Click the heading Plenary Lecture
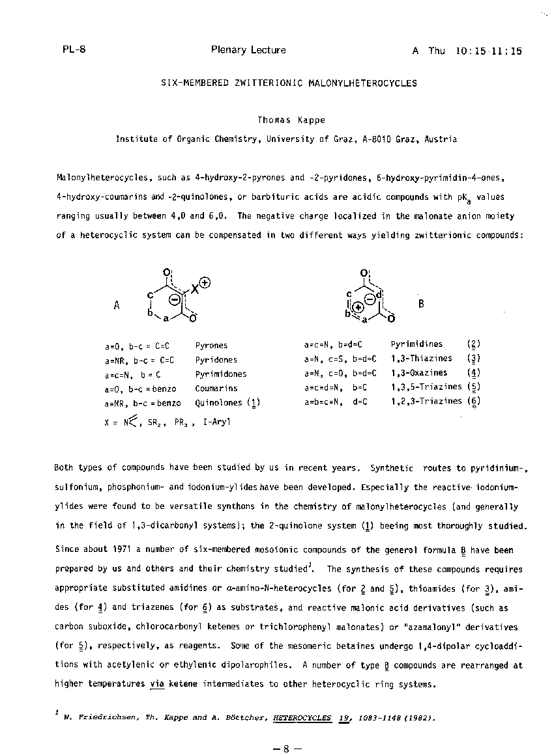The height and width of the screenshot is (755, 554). coord(248,50)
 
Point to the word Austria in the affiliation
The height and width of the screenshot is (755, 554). coord(441,139)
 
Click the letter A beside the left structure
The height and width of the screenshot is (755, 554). coord(117,305)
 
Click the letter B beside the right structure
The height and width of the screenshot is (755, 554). coord(421,303)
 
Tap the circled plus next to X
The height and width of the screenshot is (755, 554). coord(205,282)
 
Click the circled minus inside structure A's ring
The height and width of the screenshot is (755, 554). coord(175,299)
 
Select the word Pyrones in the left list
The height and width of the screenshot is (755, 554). coord(211,346)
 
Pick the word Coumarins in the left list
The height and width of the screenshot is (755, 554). coord(216,389)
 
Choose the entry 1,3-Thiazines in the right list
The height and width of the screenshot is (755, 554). coord(421,359)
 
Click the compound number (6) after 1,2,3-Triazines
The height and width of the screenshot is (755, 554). coord(474,402)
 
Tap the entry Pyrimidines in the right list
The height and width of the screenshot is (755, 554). coord(416,344)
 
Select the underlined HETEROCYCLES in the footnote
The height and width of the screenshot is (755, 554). coord(302,718)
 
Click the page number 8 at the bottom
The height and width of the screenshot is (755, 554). coord(285,748)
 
